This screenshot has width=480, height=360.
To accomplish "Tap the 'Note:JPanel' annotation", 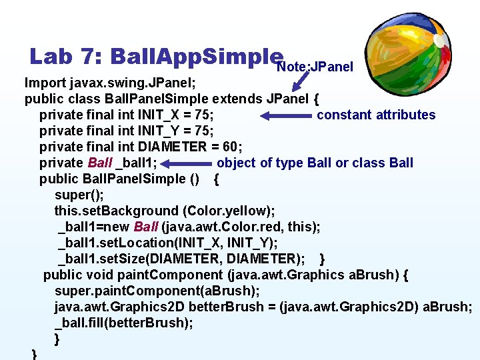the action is tap(315, 67).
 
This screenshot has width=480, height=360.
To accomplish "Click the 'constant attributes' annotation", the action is tap(376, 115).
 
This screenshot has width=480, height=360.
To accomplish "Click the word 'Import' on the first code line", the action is tap(45, 83).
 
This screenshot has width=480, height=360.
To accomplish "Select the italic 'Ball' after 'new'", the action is tap(146, 227).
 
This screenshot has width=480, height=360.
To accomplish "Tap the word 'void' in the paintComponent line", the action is tap(99, 275).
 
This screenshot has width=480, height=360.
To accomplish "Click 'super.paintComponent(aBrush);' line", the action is tap(157, 291).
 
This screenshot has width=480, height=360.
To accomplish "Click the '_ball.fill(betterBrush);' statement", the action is tap(124, 323).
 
